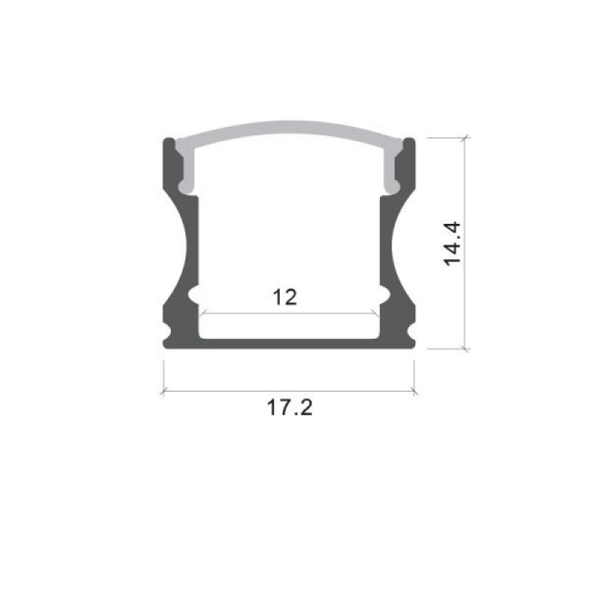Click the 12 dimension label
click(x=285, y=297)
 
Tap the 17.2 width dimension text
click(x=289, y=407)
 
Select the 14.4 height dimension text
click(x=452, y=244)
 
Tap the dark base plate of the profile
click(x=289, y=342)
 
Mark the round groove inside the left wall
click(x=194, y=297)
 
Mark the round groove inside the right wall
click(x=383, y=297)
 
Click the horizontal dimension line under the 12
click(x=289, y=314)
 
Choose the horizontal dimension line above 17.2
click(x=289, y=391)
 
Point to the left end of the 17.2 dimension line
click(x=163, y=391)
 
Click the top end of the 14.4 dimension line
click(x=465, y=138)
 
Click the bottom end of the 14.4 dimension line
click(x=465, y=348)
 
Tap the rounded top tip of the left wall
click(x=168, y=141)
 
